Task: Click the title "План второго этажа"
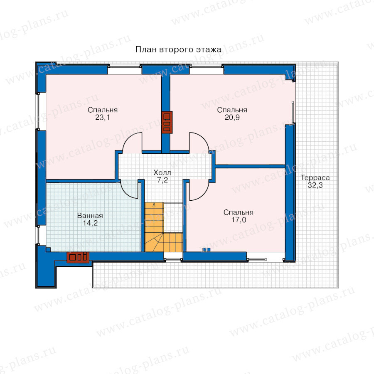point(178,49)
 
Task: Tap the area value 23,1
point(103,117)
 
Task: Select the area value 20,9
point(232,117)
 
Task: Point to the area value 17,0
point(239,220)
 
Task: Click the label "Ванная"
point(90,216)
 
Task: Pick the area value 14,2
point(90,223)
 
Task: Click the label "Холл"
point(162,172)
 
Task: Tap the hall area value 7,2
point(162,180)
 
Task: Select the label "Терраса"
point(315,178)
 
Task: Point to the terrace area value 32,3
point(315,185)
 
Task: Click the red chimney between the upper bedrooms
point(167,122)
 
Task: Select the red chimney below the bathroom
point(78,257)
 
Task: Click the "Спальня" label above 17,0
point(238,212)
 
